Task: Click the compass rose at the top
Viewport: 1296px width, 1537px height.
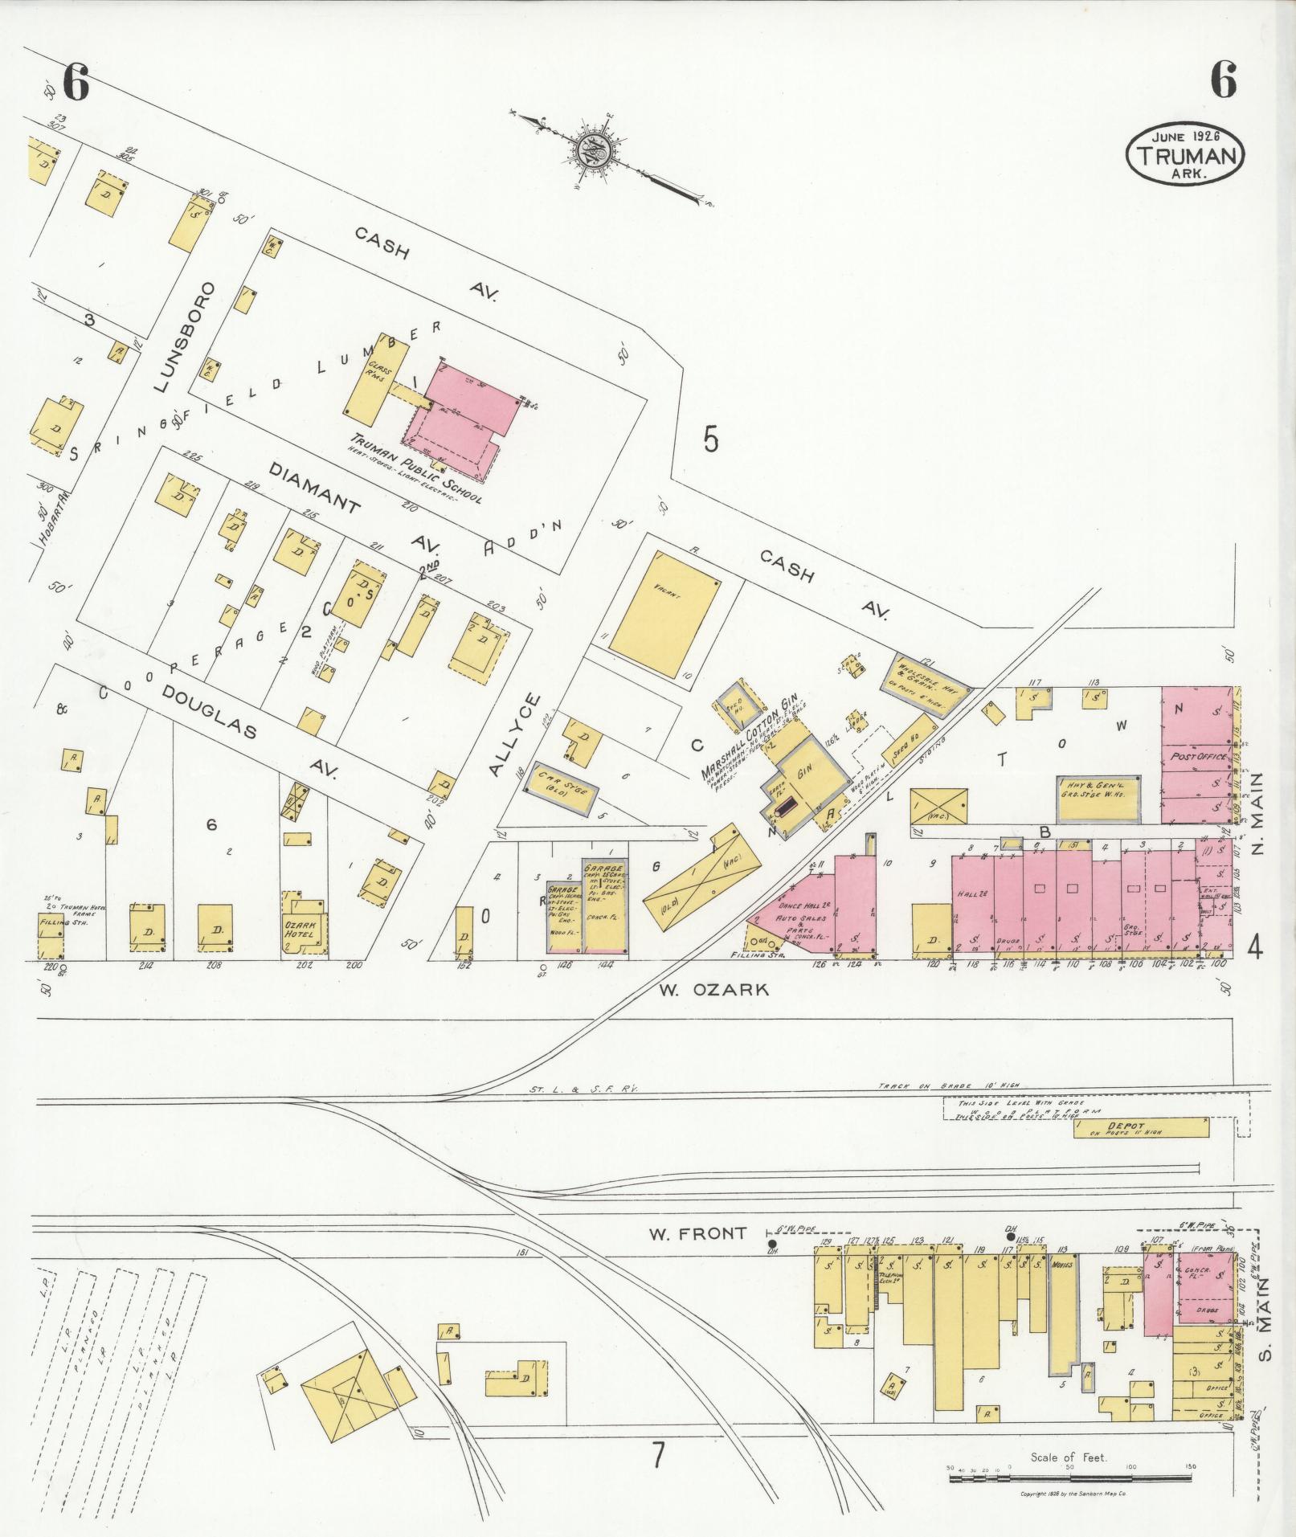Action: (x=593, y=150)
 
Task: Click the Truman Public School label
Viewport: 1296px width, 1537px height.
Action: (x=415, y=470)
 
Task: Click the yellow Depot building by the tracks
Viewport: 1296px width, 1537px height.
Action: (x=1141, y=1127)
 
